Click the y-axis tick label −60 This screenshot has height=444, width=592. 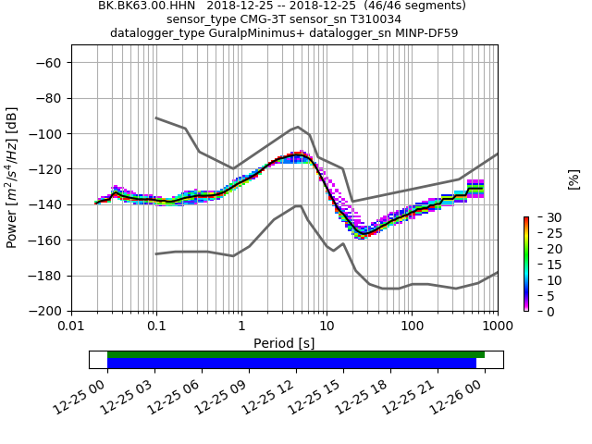[x=49, y=63]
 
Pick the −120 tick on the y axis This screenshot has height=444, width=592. [x=45, y=169]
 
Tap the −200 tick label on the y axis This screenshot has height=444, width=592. [x=45, y=311]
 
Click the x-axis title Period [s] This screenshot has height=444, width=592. [x=284, y=343]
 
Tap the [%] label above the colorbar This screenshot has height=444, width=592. [x=573, y=179]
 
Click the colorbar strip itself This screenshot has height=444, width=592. [x=525, y=264]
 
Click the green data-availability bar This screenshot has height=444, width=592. [x=296, y=354]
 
